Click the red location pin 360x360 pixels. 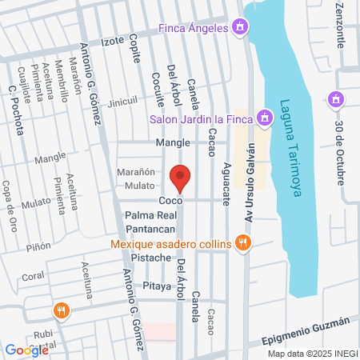(180, 178)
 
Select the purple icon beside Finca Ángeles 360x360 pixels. (239, 29)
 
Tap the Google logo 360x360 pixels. (26, 350)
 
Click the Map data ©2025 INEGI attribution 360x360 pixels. (312, 354)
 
